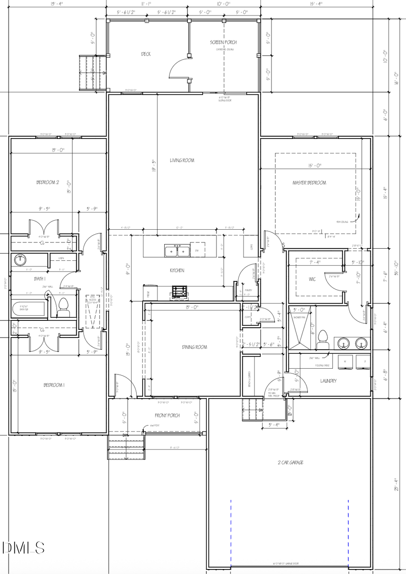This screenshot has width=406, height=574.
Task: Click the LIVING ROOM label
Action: (182, 160)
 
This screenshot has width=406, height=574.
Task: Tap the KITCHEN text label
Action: (177, 270)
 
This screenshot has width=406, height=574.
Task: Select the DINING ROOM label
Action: (194, 347)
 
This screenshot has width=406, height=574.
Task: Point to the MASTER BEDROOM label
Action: (309, 183)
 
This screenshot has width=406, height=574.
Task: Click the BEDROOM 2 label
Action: (48, 182)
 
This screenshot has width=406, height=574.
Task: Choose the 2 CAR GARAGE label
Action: (290, 463)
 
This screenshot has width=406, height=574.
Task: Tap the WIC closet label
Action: (312, 279)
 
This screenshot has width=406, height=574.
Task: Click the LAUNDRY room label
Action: (328, 381)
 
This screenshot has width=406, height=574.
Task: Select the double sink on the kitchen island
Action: (177, 250)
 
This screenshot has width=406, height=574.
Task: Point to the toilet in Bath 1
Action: (63, 308)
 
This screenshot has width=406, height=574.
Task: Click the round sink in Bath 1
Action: (20, 259)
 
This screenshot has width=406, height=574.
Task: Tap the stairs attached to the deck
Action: (92, 73)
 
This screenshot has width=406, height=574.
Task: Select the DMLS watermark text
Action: (23, 548)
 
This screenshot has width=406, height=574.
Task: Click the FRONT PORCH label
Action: (167, 415)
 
